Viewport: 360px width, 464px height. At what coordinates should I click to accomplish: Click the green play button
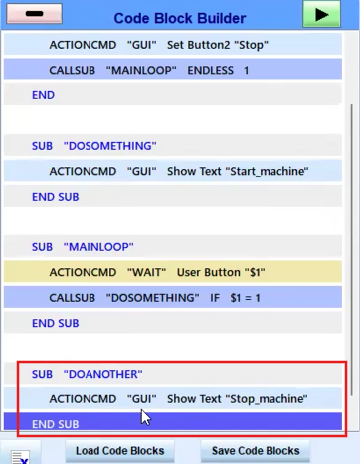coord(321,14)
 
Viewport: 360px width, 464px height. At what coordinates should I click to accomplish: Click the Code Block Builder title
coord(180,18)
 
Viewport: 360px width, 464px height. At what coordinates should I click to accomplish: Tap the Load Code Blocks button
coord(119,451)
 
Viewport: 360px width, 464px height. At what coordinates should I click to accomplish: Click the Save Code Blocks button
coord(256,451)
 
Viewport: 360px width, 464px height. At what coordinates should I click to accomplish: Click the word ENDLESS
coord(210,70)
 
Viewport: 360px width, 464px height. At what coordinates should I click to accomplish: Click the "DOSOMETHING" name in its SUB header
coord(109,146)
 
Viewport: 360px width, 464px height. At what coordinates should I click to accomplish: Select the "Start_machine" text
coord(267,171)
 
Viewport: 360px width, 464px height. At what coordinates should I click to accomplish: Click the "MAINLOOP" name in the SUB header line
coord(98,247)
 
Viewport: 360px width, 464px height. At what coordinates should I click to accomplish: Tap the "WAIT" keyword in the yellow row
coord(146,272)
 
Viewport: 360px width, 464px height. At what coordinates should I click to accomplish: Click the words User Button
coord(209,272)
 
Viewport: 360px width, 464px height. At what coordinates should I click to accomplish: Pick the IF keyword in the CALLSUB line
coord(215,298)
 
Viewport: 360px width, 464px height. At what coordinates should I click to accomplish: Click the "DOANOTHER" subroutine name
coord(102,374)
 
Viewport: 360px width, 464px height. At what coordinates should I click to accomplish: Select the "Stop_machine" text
coord(267,399)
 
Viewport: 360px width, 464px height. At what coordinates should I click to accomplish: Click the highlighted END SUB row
coord(173,421)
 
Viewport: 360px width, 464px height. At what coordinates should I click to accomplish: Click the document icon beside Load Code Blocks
coord(20,457)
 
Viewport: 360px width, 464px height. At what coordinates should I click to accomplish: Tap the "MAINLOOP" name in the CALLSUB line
coord(141,70)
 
